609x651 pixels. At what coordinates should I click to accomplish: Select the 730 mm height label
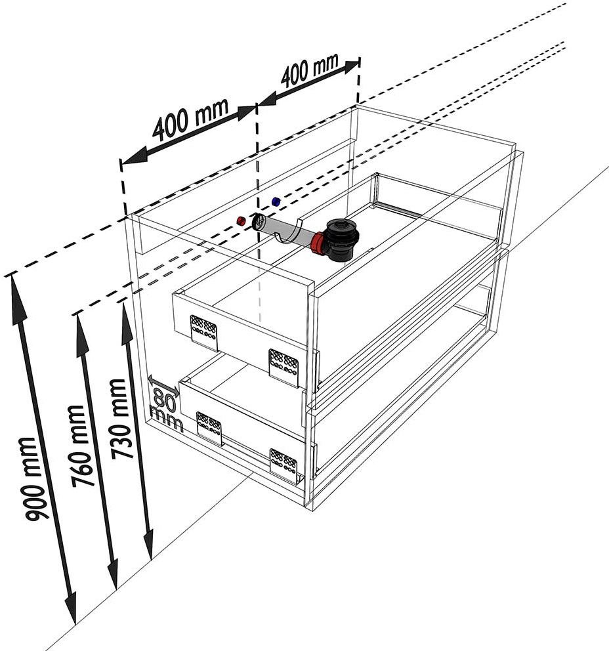click(121, 418)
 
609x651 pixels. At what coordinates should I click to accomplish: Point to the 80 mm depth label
click(165, 409)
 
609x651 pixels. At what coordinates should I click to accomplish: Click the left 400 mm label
click(190, 120)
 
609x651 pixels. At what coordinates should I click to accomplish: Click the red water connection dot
click(241, 220)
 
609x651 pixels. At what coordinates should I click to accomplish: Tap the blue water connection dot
click(276, 201)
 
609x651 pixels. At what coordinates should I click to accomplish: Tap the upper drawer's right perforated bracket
click(284, 367)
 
